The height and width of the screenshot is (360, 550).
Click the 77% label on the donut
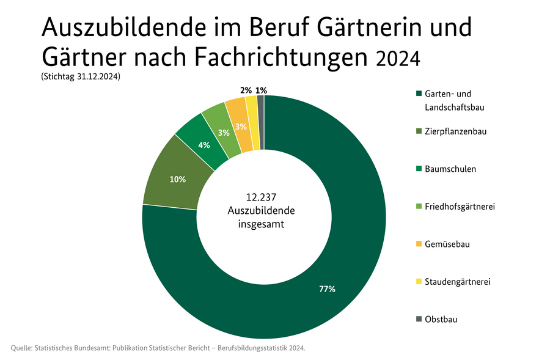click(x=327, y=289)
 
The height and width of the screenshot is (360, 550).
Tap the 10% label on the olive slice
click(x=178, y=180)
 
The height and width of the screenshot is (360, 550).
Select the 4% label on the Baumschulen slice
click(x=204, y=145)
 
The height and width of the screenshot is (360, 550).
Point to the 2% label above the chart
click(x=246, y=90)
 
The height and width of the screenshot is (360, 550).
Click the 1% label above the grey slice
click(x=261, y=90)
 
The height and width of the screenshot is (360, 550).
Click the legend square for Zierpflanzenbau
click(x=419, y=131)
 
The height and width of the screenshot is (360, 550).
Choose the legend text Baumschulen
click(x=450, y=169)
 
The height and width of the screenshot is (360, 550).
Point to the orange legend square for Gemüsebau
click(x=419, y=244)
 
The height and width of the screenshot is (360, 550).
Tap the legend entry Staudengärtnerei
click(x=457, y=282)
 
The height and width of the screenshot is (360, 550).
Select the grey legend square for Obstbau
click(x=419, y=320)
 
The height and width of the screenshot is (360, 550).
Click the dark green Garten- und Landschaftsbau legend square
click(x=419, y=94)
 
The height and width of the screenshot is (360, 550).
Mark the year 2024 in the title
click(x=398, y=58)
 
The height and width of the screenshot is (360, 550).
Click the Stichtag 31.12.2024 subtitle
click(x=80, y=78)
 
